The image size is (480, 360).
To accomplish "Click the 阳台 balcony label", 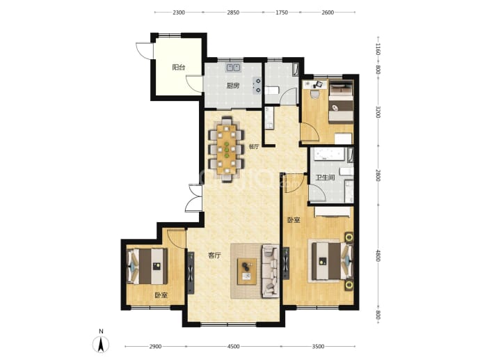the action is [179, 67].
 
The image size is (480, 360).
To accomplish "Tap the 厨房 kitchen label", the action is [232, 86].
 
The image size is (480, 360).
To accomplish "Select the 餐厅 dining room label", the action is [254, 147].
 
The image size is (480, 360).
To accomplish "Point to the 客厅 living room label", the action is [214, 256].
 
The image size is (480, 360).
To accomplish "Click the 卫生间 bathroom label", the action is [325, 178].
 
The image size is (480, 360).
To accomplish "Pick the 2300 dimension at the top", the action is [179, 13].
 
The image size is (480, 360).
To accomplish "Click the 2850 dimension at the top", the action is [233, 13].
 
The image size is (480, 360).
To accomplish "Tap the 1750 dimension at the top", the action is [282, 13].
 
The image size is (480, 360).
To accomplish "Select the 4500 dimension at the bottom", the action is [233, 347].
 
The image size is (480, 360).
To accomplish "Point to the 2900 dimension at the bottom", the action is [155, 347].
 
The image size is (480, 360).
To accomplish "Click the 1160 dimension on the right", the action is [378, 49].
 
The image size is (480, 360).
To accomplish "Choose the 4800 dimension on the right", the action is [378, 256].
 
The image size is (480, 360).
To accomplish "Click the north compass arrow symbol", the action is [101, 345].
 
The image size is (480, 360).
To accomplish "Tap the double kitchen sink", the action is [234, 68].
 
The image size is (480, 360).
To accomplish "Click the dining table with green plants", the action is [227, 150].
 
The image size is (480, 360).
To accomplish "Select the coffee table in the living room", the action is [247, 272].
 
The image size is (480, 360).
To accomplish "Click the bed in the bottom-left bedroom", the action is [147, 266].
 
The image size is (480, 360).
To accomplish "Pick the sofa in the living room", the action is [271, 271].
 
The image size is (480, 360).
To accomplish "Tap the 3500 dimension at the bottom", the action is [319, 347].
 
